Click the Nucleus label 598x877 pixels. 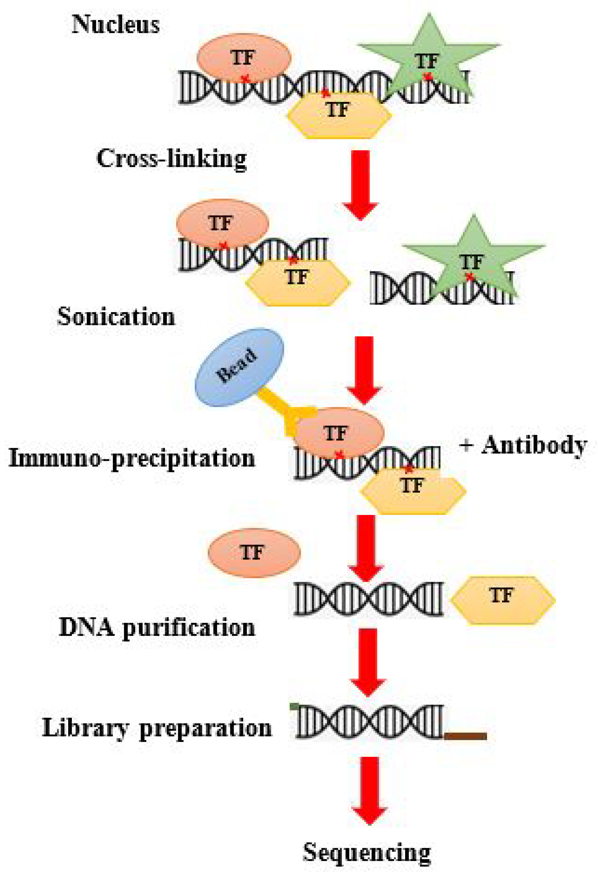click(x=116, y=25)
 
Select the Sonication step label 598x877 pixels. click(x=116, y=316)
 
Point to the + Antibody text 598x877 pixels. click(x=523, y=445)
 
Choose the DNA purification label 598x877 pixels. click(x=157, y=628)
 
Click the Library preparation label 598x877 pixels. click(x=157, y=728)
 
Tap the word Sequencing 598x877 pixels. click(x=367, y=852)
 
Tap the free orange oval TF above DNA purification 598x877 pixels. click(x=254, y=553)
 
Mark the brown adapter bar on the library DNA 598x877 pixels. click(x=465, y=736)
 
